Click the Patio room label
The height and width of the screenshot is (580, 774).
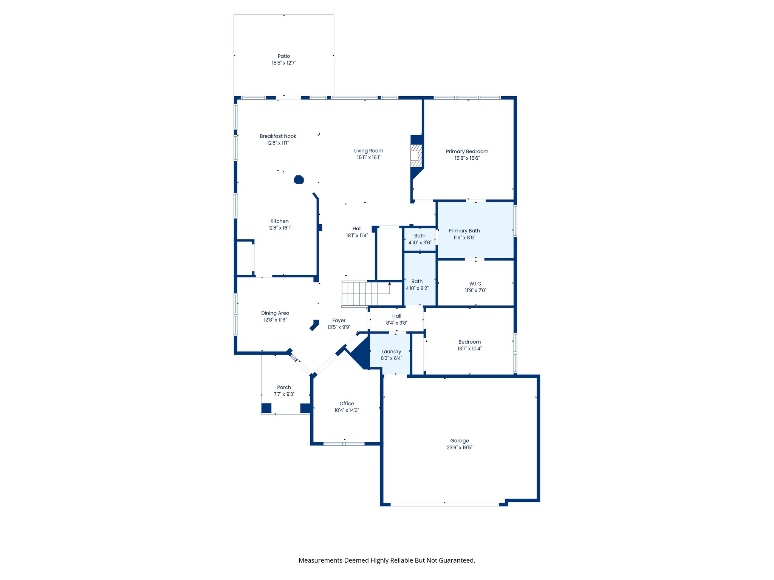click(x=283, y=56)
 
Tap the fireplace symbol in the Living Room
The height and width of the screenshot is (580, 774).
click(x=416, y=156)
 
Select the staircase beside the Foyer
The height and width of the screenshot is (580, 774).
click(x=359, y=294)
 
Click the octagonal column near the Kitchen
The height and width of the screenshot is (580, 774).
click(x=299, y=180)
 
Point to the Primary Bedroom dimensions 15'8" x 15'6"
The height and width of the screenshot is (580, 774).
click(x=467, y=158)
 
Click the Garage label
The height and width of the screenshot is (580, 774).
click(x=459, y=441)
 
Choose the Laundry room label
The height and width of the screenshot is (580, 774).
click(x=391, y=352)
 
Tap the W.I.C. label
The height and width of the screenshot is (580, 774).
click(x=475, y=284)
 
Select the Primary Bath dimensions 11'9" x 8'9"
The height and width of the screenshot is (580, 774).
click(x=464, y=238)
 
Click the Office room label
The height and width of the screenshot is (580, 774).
click(x=347, y=404)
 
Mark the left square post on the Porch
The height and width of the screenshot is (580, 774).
click(x=266, y=408)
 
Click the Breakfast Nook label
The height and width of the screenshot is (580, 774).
click(x=278, y=136)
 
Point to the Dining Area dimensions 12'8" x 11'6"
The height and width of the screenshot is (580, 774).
click(x=275, y=320)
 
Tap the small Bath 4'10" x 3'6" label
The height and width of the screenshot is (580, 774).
click(x=420, y=236)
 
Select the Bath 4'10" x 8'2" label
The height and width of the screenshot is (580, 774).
click(x=417, y=281)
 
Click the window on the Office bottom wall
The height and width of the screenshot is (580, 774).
click(x=344, y=444)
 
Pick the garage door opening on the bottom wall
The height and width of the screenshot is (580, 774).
click(x=444, y=504)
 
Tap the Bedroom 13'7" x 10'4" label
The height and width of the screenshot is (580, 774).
click(x=469, y=342)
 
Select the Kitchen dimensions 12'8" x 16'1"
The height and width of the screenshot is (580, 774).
click(x=279, y=228)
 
